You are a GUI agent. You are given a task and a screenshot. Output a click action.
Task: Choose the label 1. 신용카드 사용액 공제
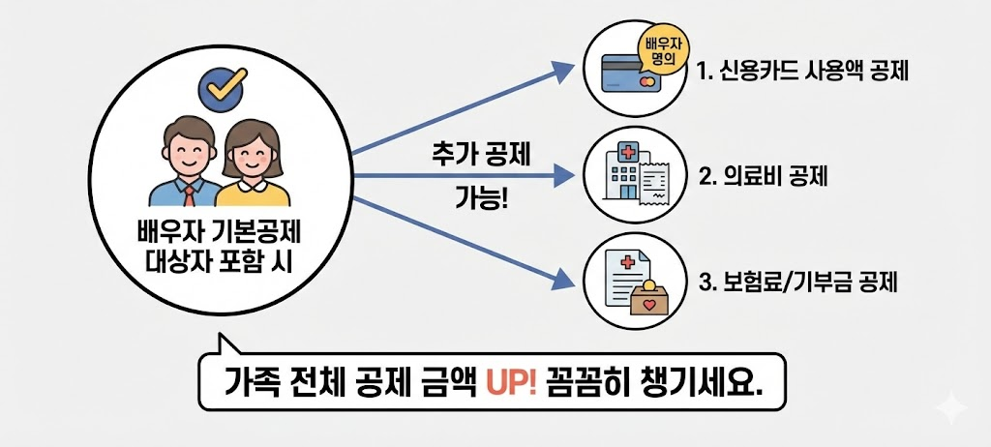pos(801,72)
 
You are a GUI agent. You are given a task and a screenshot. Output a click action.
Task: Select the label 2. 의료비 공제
pos(763,177)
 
